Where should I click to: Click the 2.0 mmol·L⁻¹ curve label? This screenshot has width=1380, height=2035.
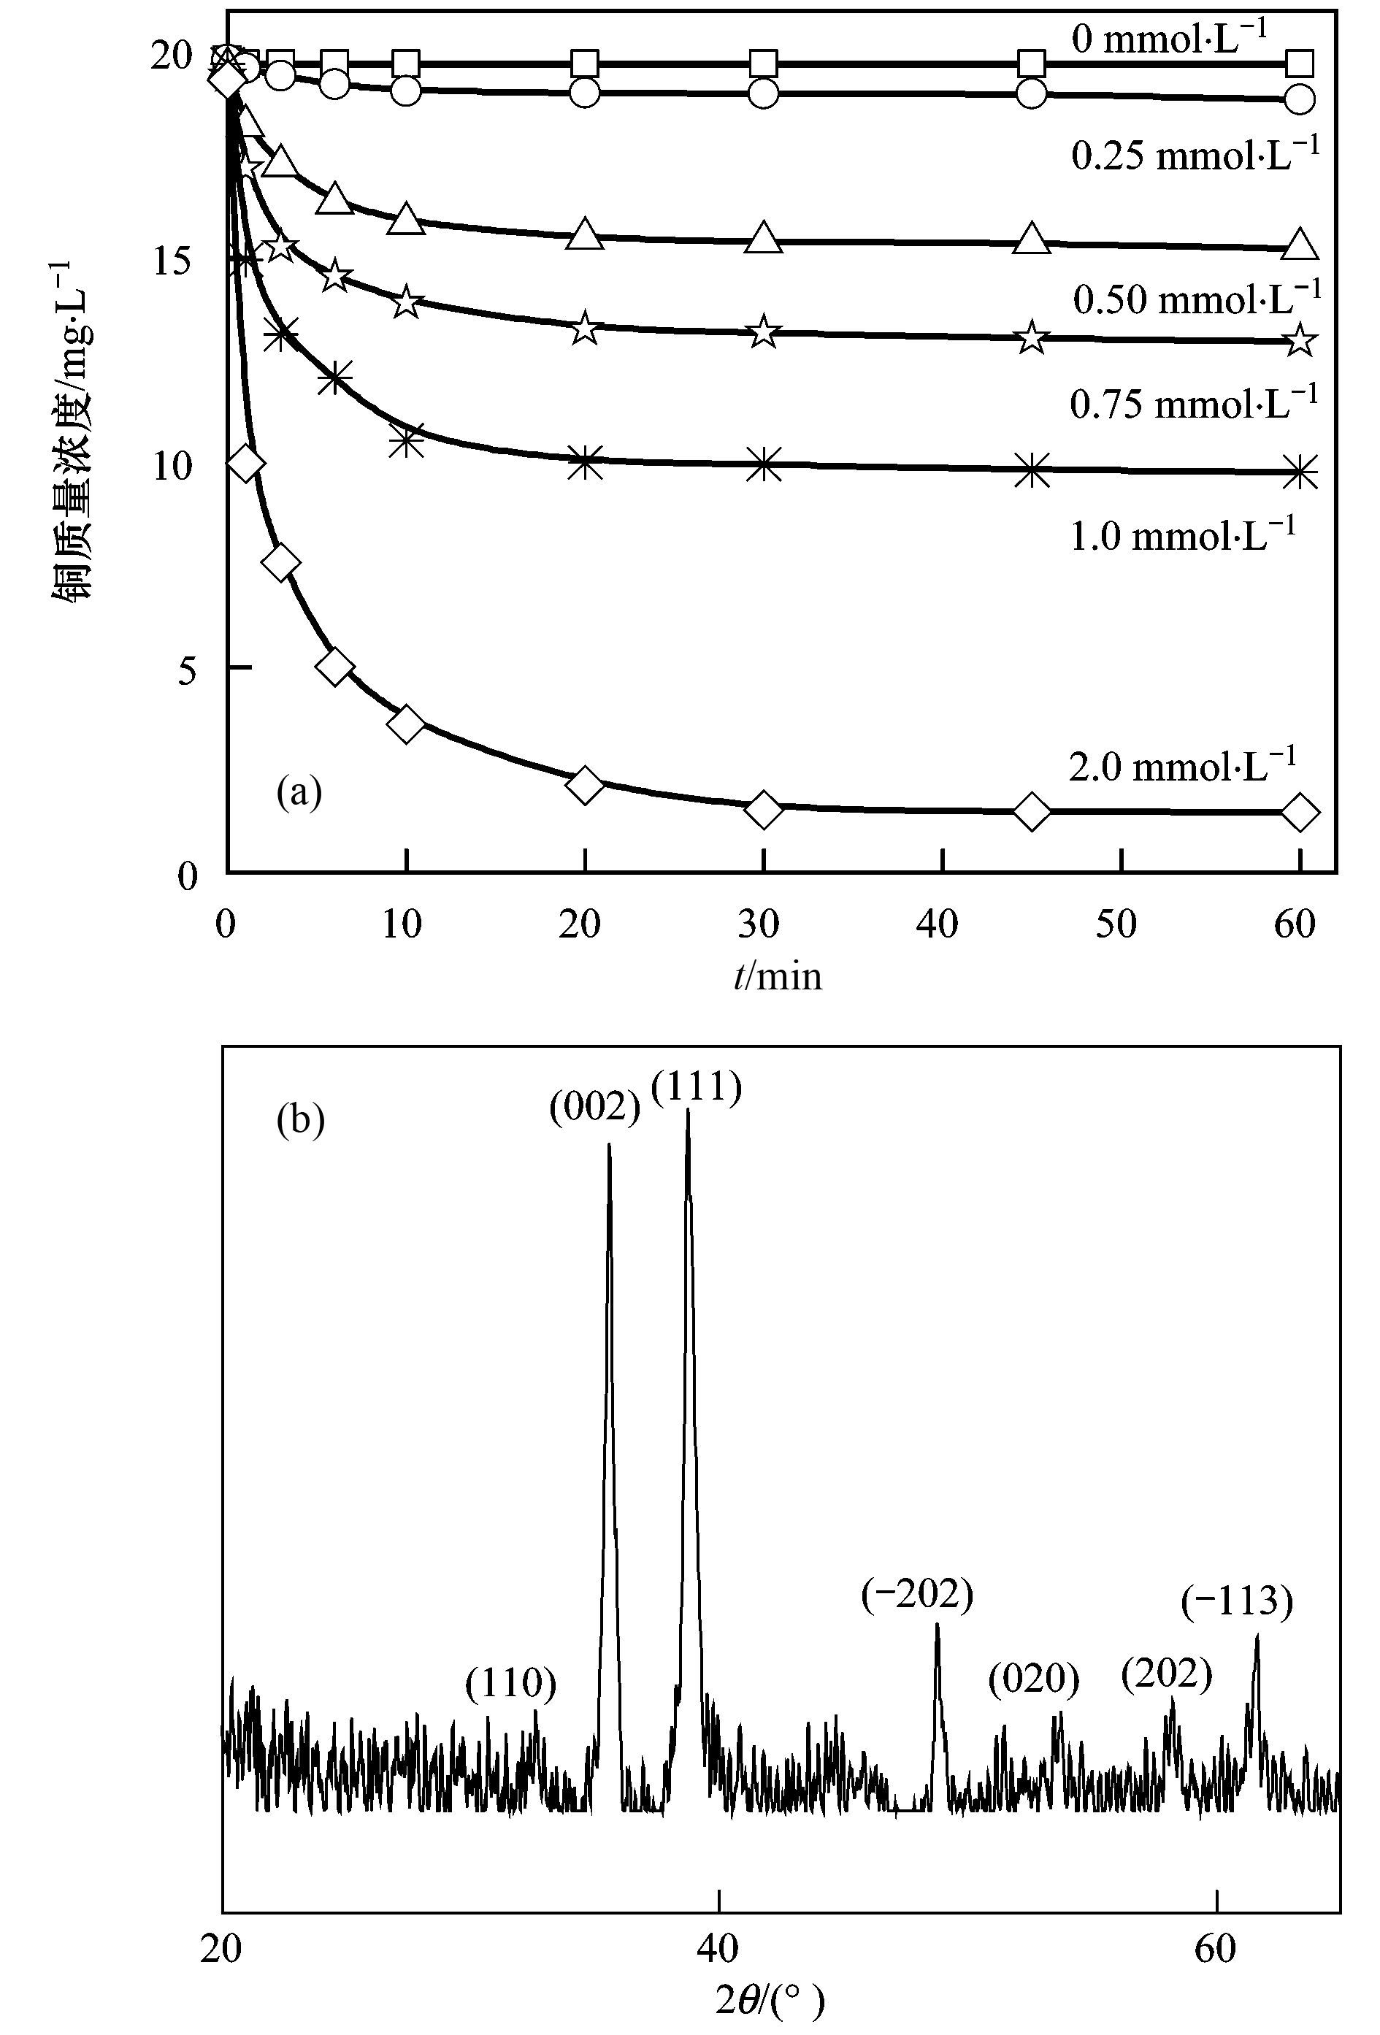pyautogui.click(x=1181, y=766)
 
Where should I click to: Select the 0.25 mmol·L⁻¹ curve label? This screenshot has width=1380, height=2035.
pyautogui.click(x=1195, y=155)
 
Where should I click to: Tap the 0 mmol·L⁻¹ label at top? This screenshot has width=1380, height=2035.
pyautogui.click(x=1169, y=39)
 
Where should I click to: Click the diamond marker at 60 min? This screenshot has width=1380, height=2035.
pyautogui.click(x=1300, y=812)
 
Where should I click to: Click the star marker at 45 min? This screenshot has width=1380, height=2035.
pyautogui.click(x=1032, y=337)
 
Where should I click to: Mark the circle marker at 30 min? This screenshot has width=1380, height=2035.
pyautogui.click(x=764, y=92)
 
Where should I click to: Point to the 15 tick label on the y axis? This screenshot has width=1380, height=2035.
pyautogui.click(x=172, y=260)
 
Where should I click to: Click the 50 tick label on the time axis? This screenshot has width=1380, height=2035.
pyautogui.click(x=1116, y=924)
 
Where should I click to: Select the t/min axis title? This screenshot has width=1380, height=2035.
pyautogui.click(x=778, y=976)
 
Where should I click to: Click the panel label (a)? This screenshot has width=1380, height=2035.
pyautogui.click(x=299, y=792)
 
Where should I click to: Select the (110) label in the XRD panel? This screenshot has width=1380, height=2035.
pyautogui.click(x=511, y=1683)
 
